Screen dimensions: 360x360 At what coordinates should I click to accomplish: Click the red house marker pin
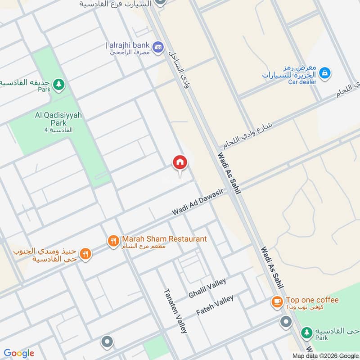tap(180, 163)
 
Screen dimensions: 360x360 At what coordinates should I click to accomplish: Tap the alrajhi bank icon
tap(157, 46)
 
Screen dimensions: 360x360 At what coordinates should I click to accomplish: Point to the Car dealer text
tap(302, 82)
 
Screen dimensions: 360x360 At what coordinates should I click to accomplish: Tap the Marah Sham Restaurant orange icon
tap(112, 241)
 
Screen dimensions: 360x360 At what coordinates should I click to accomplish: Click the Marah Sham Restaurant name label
tap(163, 239)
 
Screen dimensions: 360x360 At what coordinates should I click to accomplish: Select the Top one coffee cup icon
tap(277, 301)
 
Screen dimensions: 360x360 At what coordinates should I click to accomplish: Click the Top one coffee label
tap(312, 300)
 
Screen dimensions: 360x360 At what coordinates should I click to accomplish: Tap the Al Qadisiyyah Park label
tap(58, 119)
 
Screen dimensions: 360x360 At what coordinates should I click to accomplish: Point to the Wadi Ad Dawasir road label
tap(198, 205)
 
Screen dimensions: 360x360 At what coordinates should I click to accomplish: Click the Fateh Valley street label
tap(215, 305)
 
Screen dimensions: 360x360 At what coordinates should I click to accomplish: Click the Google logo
tap(18, 353)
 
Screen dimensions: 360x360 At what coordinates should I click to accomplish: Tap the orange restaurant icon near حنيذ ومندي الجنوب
tap(85, 254)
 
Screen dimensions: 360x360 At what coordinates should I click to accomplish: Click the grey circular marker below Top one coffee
tap(285, 322)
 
